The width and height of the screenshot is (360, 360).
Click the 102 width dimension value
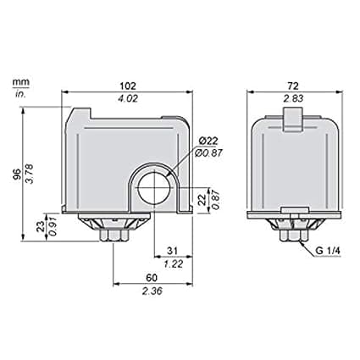click(x=128, y=86)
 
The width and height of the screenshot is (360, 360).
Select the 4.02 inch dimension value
click(x=128, y=98)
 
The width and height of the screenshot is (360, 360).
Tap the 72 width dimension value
click(x=293, y=86)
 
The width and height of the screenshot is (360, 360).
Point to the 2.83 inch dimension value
click(x=293, y=98)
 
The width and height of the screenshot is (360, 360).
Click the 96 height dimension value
click(x=17, y=174)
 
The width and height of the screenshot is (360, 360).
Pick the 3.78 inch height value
click(x=30, y=174)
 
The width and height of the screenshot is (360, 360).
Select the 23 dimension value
click(x=41, y=226)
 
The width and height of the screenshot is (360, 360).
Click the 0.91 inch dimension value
click(x=53, y=226)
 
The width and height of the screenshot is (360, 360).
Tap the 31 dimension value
click(x=172, y=251)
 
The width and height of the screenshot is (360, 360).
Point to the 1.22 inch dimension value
click(x=174, y=264)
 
